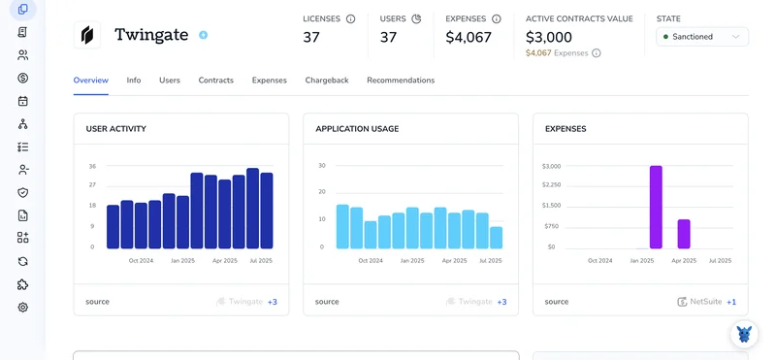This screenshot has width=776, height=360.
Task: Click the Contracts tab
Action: pos(215,81)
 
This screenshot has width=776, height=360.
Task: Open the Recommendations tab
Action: pos(401,81)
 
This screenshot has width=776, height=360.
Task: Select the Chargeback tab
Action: pos(327,81)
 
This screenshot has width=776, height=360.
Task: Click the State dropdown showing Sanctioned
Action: pos(701,37)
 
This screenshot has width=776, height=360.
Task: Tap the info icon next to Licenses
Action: pos(350,18)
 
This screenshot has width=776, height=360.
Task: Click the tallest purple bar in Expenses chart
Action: pos(656,207)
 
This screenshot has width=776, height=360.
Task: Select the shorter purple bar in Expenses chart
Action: pos(684,234)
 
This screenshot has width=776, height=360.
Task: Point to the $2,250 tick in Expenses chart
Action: pos(551,185)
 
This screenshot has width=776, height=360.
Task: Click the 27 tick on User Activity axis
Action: pos(92,185)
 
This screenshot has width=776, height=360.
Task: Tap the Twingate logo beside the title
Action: pos(87,35)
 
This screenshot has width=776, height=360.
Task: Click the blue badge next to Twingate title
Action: pos(203,35)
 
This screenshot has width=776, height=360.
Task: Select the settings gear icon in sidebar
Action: pos(22,308)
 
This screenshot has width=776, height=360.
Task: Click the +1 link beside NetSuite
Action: pos(731,302)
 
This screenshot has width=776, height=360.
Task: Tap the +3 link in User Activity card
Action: pos(273,302)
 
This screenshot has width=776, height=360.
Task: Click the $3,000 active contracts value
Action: pos(548,37)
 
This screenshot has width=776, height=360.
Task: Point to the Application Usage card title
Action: pos(357,129)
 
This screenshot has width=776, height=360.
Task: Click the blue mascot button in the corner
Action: pos(744,334)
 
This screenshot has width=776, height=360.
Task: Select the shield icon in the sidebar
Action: pos(22,193)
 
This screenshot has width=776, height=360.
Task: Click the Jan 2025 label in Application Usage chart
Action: pos(413,260)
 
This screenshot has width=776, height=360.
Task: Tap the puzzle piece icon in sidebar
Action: pos(22,284)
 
